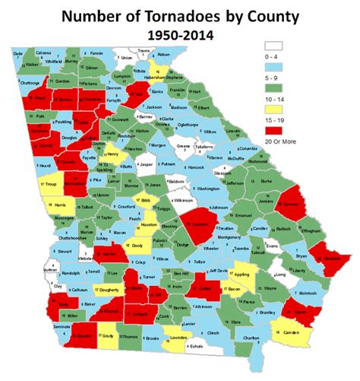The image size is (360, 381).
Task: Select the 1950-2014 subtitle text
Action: (179, 34)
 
